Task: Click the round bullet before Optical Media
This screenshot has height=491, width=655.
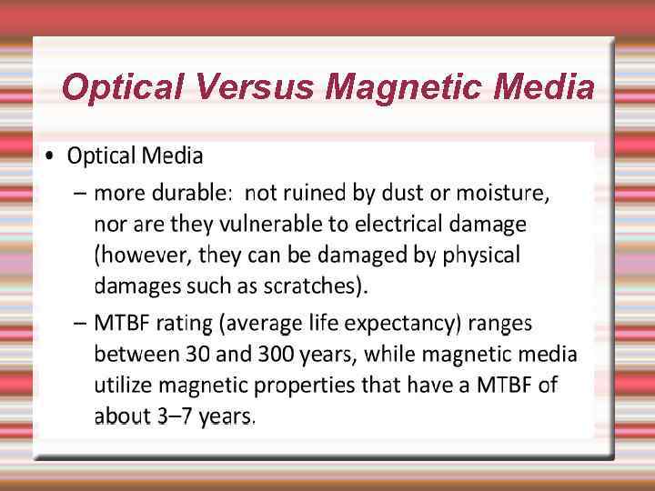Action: tap(51, 156)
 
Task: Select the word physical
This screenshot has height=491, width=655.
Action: tap(480, 256)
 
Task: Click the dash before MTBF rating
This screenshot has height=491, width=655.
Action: tap(79, 324)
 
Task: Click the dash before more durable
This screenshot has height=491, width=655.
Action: tap(79, 194)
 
